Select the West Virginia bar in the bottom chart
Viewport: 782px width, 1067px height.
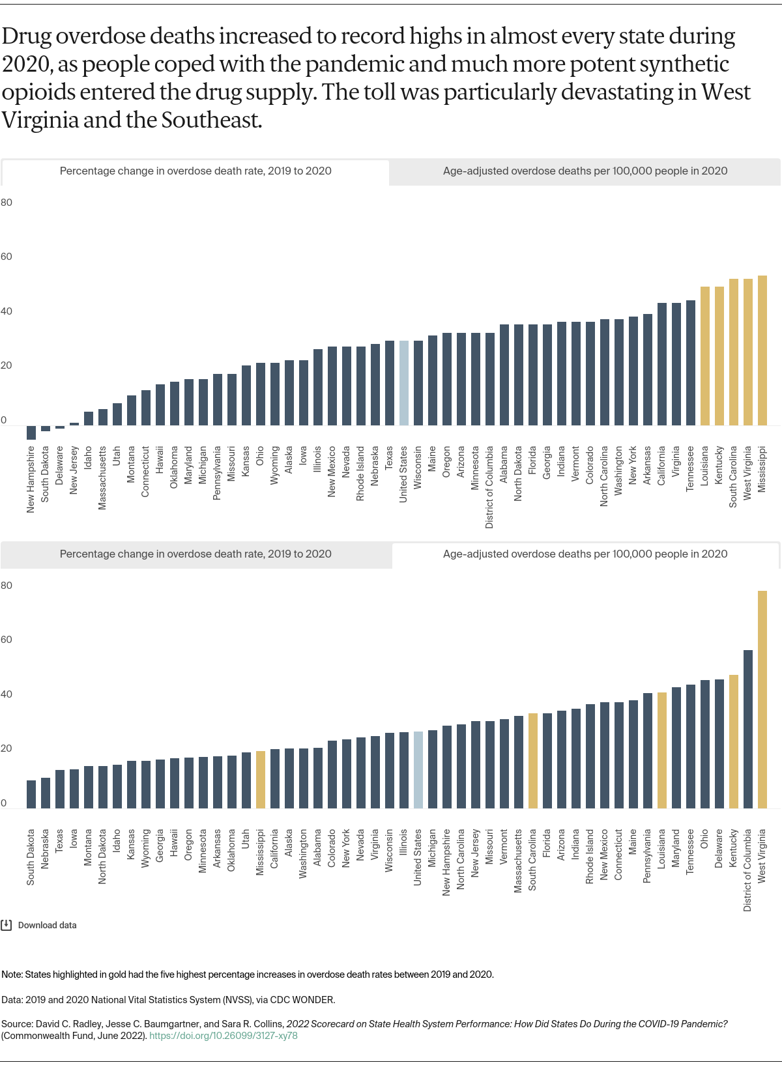point(762,700)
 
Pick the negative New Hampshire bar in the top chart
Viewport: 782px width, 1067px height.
point(31,433)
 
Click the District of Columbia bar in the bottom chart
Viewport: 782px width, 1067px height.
point(747,729)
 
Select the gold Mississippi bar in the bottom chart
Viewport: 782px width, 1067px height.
point(261,780)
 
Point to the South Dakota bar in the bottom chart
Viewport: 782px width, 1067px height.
point(31,794)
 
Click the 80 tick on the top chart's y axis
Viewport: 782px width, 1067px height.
point(7,203)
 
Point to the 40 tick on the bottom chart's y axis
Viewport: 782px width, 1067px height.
point(7,694)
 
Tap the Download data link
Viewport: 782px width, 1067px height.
point(47,925)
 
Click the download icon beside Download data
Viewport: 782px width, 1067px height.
point(7,925)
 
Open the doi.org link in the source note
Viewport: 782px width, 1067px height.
point(224,1036)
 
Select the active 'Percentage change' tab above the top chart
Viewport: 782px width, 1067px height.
point(195,171)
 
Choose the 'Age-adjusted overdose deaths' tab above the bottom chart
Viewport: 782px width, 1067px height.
point(585,554)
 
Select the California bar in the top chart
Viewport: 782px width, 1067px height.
point(661,364)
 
